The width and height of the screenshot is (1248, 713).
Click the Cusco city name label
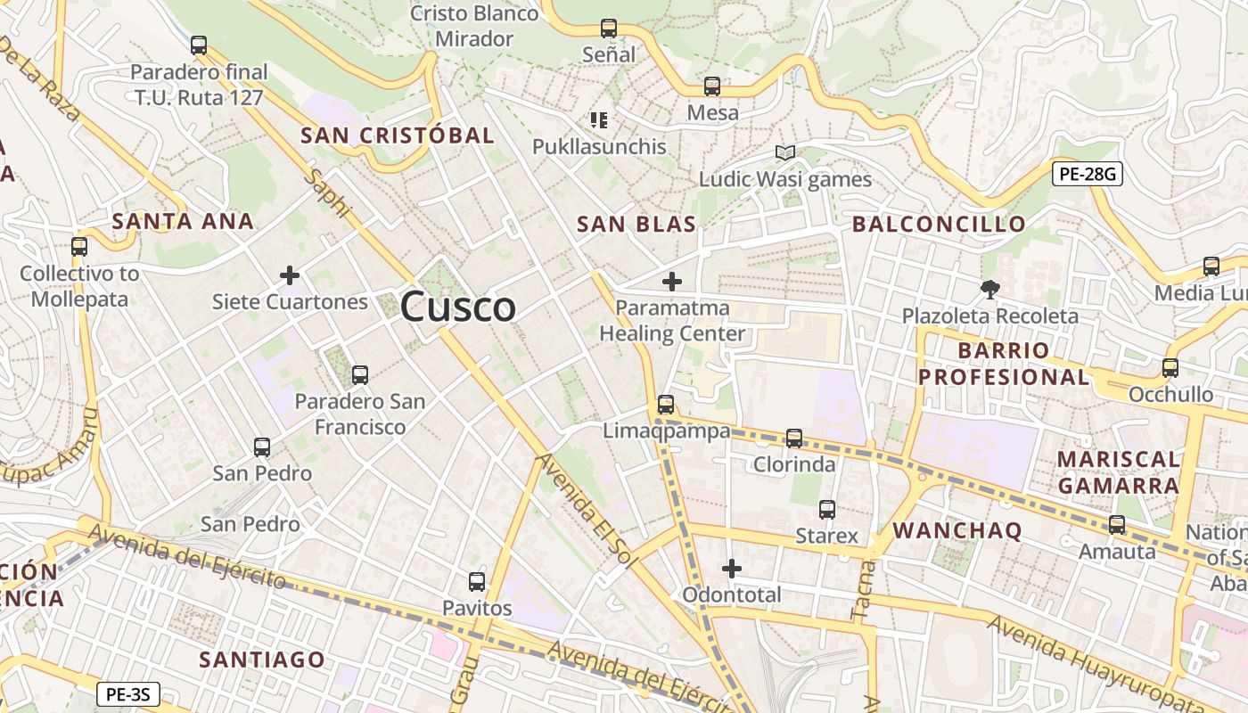pos(457,307)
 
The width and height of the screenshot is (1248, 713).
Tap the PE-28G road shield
pos(1087,174)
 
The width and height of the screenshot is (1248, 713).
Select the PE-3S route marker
pos(127,693)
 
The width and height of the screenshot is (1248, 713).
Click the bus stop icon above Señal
pos(609,29)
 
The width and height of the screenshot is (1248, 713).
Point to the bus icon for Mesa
pos(711,86)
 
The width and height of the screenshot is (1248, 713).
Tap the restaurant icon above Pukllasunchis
pos(599,119)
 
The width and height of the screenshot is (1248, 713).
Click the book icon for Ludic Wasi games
pos(784,153)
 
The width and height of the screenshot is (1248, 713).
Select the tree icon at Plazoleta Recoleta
pos(989,289)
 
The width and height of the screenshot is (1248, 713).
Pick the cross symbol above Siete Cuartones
pos(290,275)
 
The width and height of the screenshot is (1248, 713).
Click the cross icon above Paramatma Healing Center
pos(671,283)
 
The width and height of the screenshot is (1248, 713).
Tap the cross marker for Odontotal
pos(731,569)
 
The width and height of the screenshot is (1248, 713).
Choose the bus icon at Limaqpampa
pos(665,404)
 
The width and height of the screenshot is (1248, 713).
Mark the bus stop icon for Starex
pos(826,510)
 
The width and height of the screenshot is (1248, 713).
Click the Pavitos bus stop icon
pos(477,582)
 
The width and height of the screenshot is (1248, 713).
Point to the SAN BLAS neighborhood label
pos(636,224)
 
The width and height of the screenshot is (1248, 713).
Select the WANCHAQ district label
pos(957,530)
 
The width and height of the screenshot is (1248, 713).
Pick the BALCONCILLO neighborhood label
pos(939,224)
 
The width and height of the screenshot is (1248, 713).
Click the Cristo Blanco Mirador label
pos(475,26)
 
